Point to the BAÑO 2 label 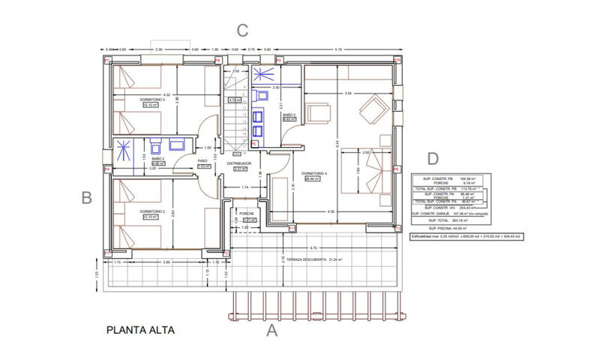click(x=157, y=159)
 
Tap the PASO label click(x=202, y=160)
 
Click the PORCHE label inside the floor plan click(x=247, y=213)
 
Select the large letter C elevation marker click(x=241, y=31)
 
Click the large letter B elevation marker click(x=86, y=198)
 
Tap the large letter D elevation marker click(x=432, y=159)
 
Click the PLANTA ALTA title click(x=142, y=328)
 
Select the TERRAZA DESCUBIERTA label click(x=300, y=260)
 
